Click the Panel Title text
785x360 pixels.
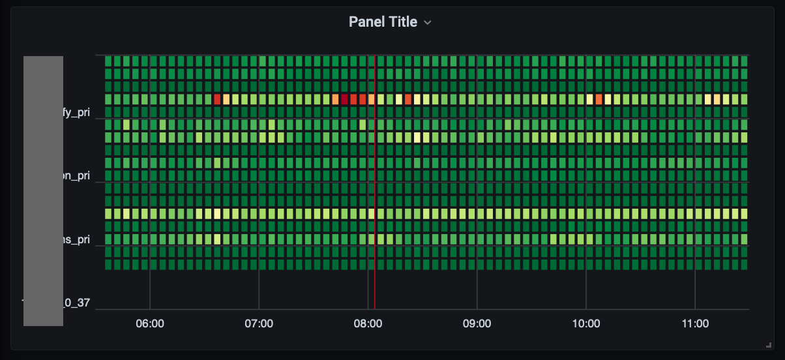point(383,22)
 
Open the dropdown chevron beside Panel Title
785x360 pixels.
point(428,22)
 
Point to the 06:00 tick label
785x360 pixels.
point(150,323)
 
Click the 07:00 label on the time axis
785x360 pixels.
point(259,323)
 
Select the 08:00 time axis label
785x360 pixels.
point(368,323)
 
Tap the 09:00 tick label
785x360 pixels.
point(477,323)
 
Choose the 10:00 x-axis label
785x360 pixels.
point(585,323)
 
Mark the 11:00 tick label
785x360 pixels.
point(695,323)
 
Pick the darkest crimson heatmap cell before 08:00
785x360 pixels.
point(344,99)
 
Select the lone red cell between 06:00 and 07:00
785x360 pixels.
point(217,99)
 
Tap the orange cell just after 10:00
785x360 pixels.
point(599,99)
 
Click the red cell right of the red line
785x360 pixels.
point(407,99)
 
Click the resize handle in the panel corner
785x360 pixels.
point(769,344)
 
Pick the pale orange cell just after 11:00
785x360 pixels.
point(717,99)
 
